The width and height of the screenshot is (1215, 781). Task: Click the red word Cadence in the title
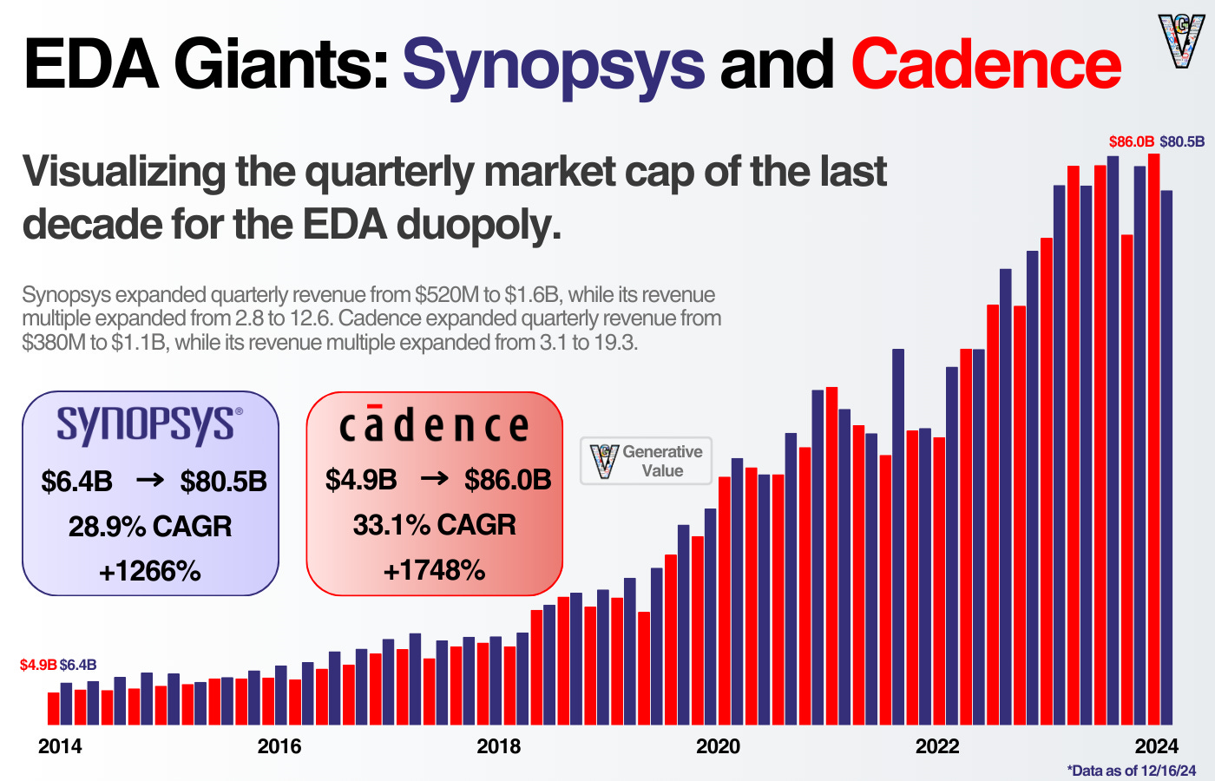tap(986, 65)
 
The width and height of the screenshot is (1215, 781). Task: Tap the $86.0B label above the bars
tap(1131, 141)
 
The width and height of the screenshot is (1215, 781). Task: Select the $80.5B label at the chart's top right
tap(1182, 141)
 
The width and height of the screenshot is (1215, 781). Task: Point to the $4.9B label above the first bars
tap(38, 665)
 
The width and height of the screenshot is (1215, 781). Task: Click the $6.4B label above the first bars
tap(78, 665)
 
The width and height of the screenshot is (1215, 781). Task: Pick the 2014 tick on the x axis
tap(60, 746)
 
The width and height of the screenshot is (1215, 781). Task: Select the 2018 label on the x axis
tap(499, 746)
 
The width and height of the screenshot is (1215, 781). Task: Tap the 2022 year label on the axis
tap(937, 746)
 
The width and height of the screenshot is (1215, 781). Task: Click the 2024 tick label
tap(1157, 746)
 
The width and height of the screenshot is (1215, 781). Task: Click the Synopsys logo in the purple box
tap(149, 426)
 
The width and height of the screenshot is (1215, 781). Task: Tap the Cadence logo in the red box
tap(434, 426)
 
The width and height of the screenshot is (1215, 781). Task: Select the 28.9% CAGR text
tap(150, 527)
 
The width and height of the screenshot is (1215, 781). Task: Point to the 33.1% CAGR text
tap(434, 525)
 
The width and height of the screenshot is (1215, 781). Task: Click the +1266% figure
tap(150, 571)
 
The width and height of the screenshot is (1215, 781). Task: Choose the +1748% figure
tap(434, 570)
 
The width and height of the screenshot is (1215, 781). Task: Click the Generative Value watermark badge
tap(647, 461)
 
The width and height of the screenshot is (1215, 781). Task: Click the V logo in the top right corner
tap(1181, 40)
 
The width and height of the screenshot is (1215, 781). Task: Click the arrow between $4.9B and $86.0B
tap(434, 479)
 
